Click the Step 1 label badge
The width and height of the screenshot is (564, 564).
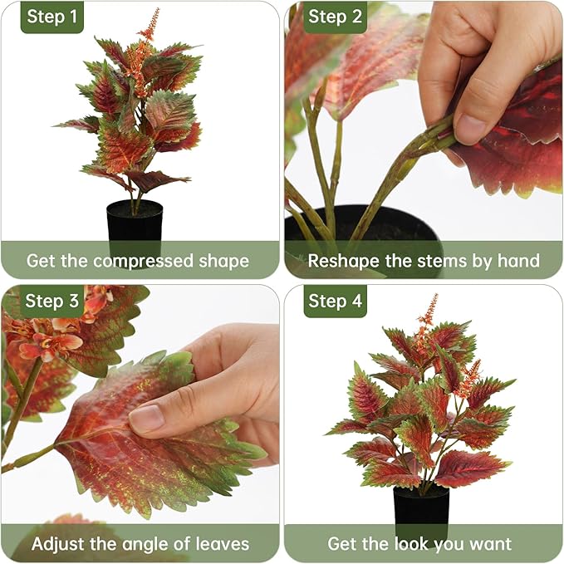[x=52, y=17]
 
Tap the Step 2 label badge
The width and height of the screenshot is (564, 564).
[x=335, y=17]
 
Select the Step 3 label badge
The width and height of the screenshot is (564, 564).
[x=52, y=301]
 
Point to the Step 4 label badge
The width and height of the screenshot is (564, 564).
[x=335, y=301]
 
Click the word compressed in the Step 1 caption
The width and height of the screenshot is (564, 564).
[x=143, y=262]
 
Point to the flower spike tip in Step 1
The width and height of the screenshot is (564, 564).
[x=157, y=10]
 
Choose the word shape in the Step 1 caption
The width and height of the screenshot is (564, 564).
[x=223, y=262]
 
